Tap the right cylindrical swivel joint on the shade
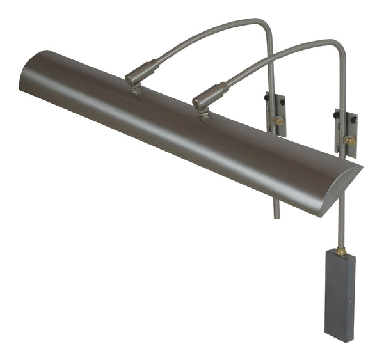[209, 95]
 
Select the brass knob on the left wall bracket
[278, 120]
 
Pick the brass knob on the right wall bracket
[349, 139]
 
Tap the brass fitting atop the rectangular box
[341, 251]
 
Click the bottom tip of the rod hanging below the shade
[277, 217]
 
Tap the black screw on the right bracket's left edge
[335, 116]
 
